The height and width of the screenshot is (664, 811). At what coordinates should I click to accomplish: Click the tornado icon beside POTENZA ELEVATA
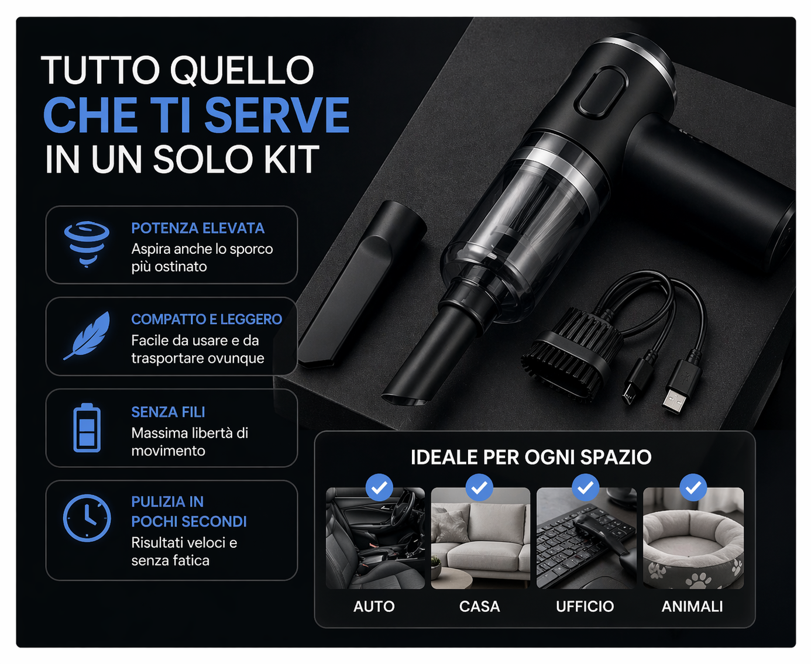pos(87,243)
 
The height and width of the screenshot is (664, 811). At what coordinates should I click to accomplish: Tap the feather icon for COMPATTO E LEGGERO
pos(87,335)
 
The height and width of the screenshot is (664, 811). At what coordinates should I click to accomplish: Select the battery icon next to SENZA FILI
pos(87,427)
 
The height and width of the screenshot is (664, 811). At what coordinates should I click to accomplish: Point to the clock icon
pos(87,518)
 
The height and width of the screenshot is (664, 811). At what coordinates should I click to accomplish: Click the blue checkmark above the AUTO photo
pos(379,487)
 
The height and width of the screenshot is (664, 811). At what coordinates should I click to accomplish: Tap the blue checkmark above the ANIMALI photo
pos(693,487)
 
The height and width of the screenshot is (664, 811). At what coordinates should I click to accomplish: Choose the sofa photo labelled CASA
pos(480,538)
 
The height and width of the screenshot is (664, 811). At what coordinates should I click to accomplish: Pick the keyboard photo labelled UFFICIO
pos(586,538)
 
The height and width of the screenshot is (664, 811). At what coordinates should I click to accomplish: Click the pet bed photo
pos(693,538)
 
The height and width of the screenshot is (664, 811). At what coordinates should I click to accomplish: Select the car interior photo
pos(375,538)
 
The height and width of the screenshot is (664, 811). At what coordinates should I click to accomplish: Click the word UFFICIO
pos(585,606)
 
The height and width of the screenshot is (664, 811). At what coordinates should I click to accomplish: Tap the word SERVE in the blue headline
pos(277,115)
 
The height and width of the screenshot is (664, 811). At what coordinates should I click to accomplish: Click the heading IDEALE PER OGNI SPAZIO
pos(531,457)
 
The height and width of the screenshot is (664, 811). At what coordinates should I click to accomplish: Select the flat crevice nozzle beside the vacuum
pos(362,284)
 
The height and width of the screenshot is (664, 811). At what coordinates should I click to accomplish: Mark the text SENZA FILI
pos(168,412)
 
